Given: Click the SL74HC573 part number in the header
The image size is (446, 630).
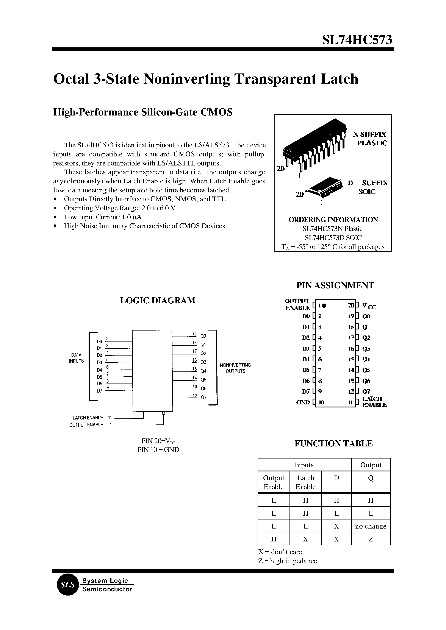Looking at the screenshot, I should tap(357, 40).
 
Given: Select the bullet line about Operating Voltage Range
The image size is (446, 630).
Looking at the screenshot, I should tap(119, 208).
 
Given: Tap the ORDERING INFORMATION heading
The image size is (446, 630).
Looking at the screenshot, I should tap(333, 220).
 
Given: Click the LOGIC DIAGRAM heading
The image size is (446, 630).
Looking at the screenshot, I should tap(158, 300).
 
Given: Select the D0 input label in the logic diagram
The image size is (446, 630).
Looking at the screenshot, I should tap(99, 342).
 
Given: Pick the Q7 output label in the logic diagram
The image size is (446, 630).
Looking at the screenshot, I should tap(203, 397).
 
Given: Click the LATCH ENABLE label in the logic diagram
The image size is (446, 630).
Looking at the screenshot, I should tap(88, 418).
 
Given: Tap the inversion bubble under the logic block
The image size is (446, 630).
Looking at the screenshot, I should tap(163, 413).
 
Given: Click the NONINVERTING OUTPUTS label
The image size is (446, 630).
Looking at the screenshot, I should tap(235, 368).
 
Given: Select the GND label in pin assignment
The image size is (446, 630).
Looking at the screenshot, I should tap(303, 402).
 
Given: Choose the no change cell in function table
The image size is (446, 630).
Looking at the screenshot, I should tap(371, 526).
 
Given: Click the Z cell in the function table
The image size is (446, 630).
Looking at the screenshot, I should tap(371, 539).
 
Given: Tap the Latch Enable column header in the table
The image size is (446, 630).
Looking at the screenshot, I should tap(305, 482).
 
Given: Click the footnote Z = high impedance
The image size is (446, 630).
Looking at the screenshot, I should tap(287, 561).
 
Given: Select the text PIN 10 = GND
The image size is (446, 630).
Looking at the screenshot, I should tap(158, 450).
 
